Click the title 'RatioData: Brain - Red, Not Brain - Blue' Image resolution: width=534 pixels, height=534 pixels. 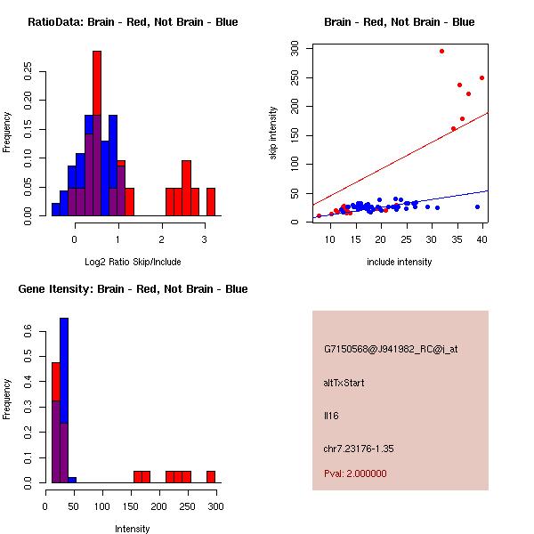(133, 22)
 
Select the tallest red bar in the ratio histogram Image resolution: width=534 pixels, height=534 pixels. (97, 133)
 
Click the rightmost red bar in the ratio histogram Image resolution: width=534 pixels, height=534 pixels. (211, 202)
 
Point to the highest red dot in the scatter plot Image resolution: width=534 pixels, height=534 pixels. (441, 51)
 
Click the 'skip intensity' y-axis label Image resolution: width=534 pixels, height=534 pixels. (273, 133)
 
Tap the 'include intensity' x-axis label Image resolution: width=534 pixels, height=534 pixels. (400, 262)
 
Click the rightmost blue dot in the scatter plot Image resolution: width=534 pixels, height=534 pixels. (477, 206)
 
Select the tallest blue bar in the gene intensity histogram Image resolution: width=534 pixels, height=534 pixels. (64, 400)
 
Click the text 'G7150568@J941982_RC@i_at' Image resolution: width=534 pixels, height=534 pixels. (391, 349)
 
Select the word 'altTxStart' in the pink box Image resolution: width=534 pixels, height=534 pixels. (344, 383)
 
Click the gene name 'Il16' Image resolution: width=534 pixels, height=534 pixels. (331, 416)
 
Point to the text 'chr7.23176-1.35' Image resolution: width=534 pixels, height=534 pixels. (359, 449)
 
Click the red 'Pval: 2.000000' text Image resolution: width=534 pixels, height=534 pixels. (355, 473)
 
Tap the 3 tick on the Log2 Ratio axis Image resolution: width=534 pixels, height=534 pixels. (205, 239)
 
